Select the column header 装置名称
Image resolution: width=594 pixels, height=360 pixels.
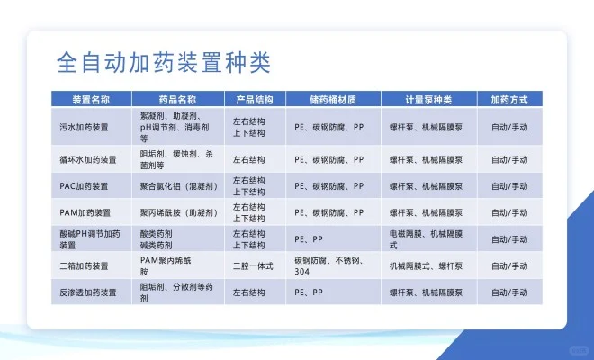coord(91,99)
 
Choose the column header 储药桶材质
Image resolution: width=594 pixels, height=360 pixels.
coord(332,99)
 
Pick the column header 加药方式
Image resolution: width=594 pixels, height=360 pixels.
coord(508,99)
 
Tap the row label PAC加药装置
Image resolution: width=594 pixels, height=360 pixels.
coord(84,186)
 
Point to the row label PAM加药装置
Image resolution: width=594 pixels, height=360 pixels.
coord(84,213)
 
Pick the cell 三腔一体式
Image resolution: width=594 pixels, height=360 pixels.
coord(251,265)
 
